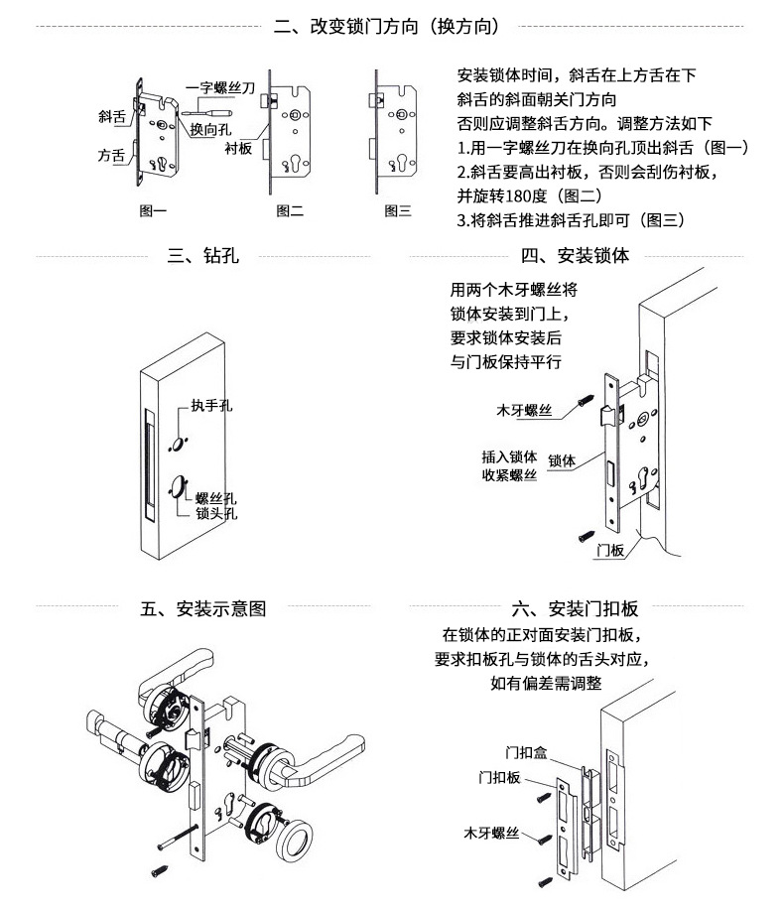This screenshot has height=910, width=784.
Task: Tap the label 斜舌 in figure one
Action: tap(111, 116)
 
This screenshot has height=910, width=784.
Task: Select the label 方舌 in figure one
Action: tap(111, 156)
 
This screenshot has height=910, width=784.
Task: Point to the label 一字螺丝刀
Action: tap(219, 88)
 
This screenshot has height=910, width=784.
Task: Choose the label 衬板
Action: tap(237, 149)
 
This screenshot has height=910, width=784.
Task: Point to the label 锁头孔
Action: tap(216, 514)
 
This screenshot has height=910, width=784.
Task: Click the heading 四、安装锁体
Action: tap(576, 256)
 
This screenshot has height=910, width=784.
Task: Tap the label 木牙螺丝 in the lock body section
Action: tap(525, 409)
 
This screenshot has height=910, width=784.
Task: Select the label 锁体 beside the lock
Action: tap(562, 460)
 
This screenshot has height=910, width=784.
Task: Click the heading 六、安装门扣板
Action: tap(575, 608)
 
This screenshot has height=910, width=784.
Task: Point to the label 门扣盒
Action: tap(526, 751)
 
